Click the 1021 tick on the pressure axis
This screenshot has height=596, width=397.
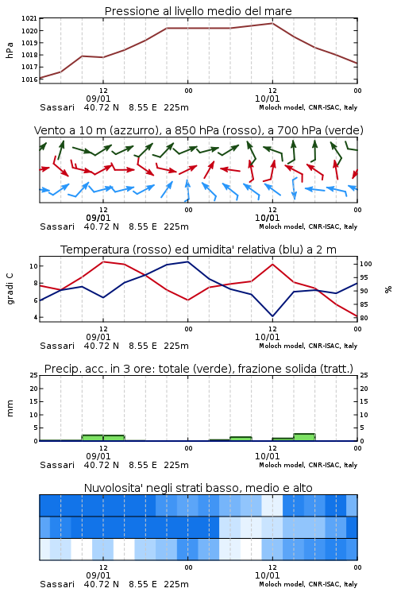(29, 18)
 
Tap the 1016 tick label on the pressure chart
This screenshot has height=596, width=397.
(29, 79)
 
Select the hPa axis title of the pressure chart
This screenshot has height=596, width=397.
(10, 50)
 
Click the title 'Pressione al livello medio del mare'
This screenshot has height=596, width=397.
(198, 11)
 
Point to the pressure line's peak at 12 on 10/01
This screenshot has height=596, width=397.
(272, 23)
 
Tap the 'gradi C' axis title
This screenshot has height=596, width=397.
(10, 289)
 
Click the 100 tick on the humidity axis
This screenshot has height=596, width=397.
(366, 264)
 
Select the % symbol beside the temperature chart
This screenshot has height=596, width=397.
(388, 289)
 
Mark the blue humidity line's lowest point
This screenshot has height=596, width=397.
(272, 316)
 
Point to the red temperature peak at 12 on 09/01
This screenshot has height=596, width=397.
(103, 261)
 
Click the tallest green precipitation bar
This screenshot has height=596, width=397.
(304, 437)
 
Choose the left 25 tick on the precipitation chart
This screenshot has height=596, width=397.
(34, 375)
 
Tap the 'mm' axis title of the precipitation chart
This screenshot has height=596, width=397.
(10, 408)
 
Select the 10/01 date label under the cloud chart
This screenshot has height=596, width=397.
(267, 575)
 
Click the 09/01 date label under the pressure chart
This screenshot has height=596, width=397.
(98, 99)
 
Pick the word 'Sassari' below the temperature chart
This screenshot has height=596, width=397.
(57, 346)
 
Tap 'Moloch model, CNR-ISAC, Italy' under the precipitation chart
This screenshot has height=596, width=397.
(308, 465)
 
